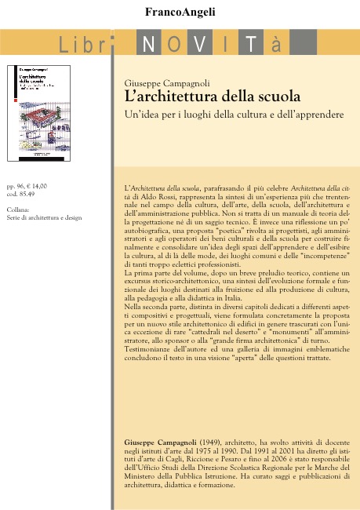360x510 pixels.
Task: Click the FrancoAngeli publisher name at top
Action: (x=180, y=12)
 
